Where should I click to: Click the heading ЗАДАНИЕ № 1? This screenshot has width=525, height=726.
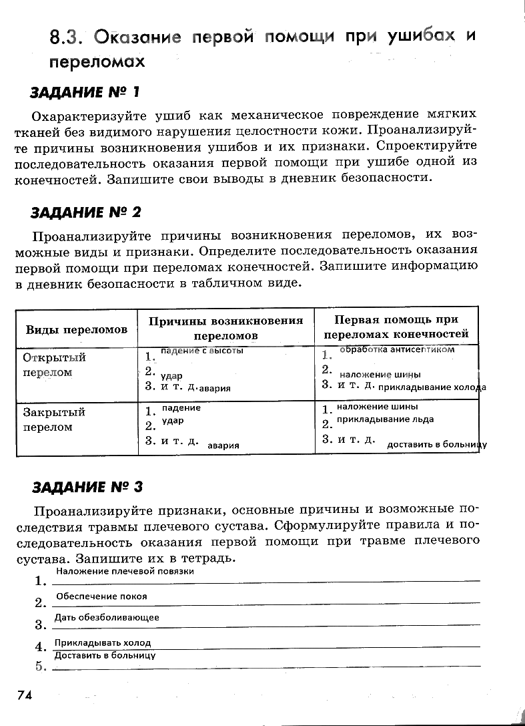(85, 92)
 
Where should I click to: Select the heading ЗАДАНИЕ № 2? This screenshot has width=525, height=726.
(87, 212)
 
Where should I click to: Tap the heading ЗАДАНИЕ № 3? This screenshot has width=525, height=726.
(87, 486)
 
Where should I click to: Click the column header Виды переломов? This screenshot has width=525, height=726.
(77, 330)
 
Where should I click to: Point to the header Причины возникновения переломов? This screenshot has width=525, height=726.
(225, 328)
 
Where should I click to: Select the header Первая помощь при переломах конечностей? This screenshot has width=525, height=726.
(396, 327)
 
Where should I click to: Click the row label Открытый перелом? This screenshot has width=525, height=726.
(55, 365)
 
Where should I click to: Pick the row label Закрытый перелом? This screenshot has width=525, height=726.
(55, 419)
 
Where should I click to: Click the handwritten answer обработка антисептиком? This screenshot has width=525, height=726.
(397, 349)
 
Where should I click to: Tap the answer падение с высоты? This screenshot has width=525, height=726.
(202, 350)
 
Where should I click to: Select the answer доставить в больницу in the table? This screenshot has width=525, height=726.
(437, 444)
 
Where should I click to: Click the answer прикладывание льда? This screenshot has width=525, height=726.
(385, 419)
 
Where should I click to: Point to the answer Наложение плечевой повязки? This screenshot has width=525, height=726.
(125, 571)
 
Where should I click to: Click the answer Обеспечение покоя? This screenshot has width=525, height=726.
(101, 596)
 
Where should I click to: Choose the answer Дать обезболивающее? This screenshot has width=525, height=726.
(107, 617)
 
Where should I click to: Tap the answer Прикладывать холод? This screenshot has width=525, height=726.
(103, 643)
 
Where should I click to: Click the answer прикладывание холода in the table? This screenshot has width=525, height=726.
(432, 387)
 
